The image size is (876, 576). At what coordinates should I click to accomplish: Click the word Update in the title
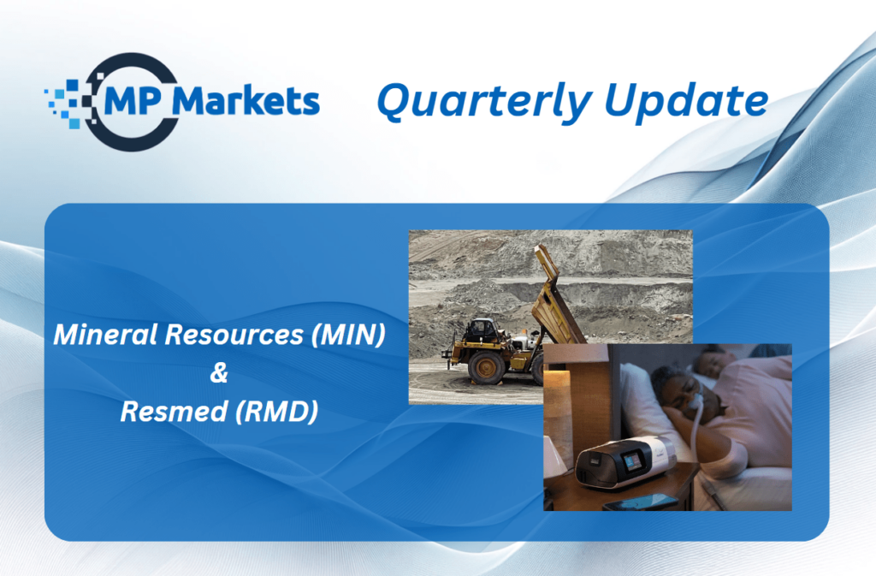tap(686, 100)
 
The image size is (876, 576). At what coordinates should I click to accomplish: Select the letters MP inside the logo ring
tap(133, 100)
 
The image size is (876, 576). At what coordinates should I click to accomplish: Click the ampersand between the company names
tap(219, 372)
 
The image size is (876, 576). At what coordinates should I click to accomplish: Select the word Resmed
tap(175, 412)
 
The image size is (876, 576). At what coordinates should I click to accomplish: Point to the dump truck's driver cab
tap(481, 330)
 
